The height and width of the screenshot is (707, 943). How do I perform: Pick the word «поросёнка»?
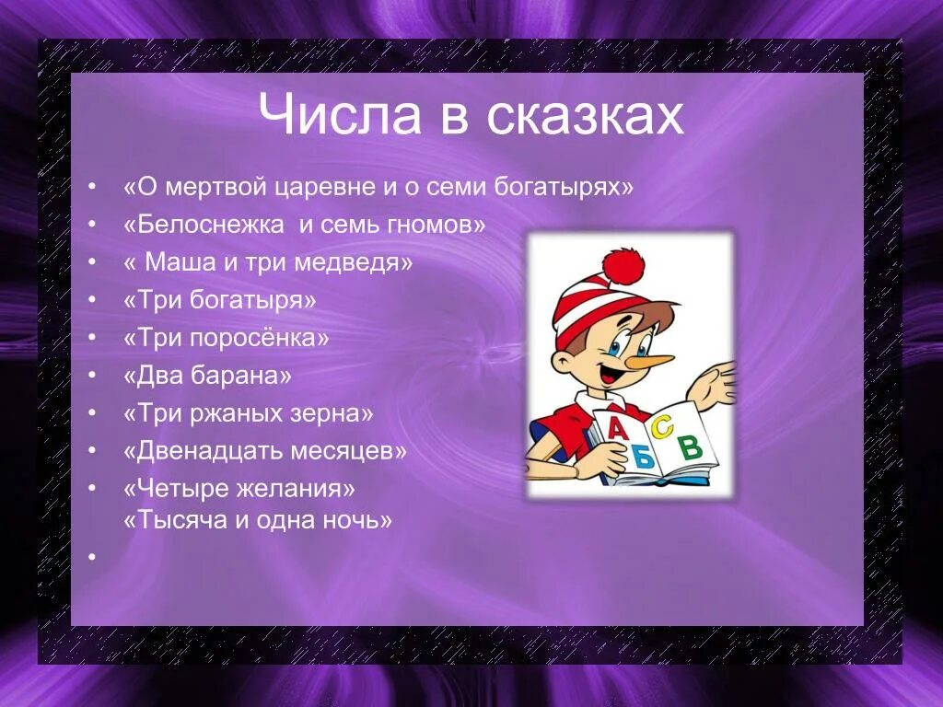click(259, 338)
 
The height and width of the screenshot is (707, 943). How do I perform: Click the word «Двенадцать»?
click(206, 451)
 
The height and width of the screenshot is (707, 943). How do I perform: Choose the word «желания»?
click(298, 488)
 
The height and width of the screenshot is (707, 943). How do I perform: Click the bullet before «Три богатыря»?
click(92, 300)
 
